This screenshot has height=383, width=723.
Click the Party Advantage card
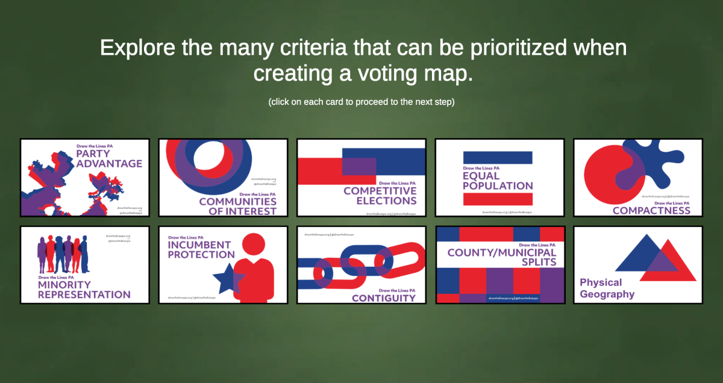coord(85,178)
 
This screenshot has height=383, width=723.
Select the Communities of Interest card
coord(223,178)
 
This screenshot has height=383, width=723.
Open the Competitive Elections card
coord(361,178)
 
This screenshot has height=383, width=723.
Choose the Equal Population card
coord(499,178)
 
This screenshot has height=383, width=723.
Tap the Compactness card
coord(638,178)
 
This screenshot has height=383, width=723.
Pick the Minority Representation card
coord(85,265)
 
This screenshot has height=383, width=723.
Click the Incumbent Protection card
coord(223,265)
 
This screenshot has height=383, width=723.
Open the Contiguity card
coord(361,265)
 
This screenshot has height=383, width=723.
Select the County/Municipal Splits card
coord(499,265)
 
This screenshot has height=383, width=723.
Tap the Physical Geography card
coord(638,265)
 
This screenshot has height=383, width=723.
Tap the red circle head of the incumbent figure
coord(254,246)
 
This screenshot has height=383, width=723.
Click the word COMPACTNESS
coord(651,211)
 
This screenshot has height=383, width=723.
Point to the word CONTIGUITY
coord(384,298)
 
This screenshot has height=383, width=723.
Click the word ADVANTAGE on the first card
coord(109,163)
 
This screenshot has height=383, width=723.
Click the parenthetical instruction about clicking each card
coord(361,102)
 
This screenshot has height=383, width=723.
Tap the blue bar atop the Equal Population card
coord(498,157)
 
